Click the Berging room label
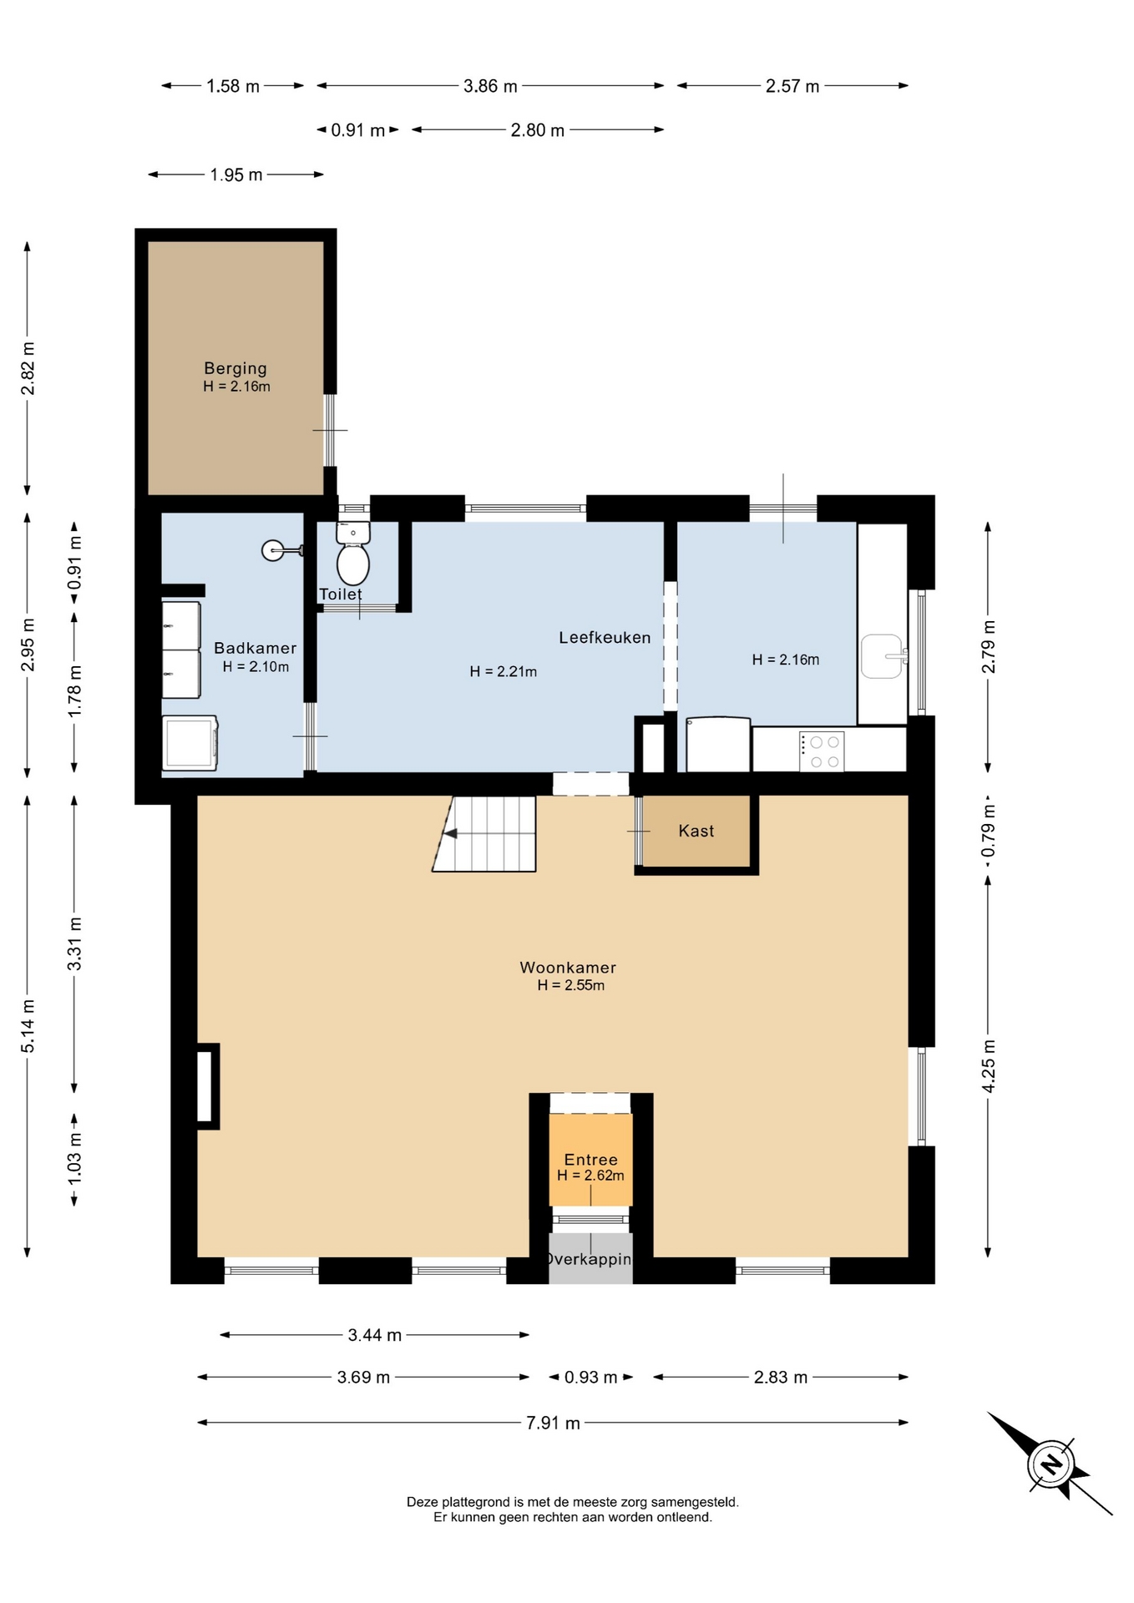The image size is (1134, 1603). [x=235, y=368]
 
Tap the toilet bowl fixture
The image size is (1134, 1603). [x=353, y=554]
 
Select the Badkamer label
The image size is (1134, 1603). [x=256, y=648]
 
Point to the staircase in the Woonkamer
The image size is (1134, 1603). [x=484, y=834]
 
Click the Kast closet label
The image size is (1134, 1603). [x=696, y=831]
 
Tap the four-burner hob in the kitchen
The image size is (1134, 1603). [x=823, y=751]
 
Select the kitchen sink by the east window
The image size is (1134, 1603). [x=883, y=656]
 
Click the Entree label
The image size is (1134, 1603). [x=591, y=1160]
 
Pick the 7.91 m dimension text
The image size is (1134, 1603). [x=553, y=1423]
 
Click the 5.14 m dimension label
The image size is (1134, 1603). [x=28, y=1026]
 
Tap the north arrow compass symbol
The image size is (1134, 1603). [x=1050, y=1464]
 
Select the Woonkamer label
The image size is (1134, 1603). [x=568, y=968]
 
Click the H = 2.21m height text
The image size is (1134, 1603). [x=504, y=671]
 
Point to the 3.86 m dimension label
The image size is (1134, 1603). [x=490, y=86]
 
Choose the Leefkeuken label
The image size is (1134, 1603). [x=605, y=638]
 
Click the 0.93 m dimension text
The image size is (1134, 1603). [x=590, y=1378]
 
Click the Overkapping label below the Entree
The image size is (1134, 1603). [x=590, y=1259]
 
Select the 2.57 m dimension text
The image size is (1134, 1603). [x=792, y=86]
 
